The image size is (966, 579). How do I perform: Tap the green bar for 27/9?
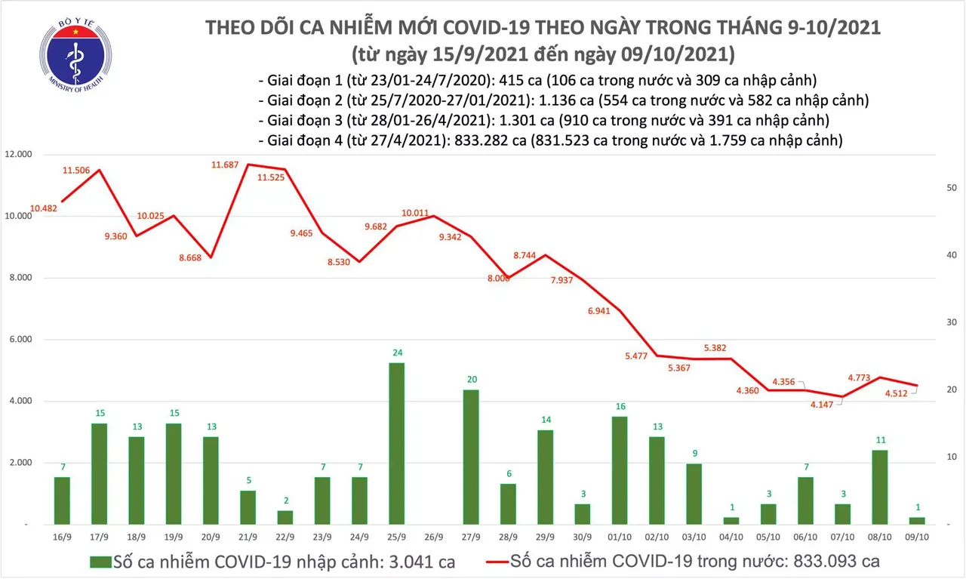pyautogui.click(x=470, y=456)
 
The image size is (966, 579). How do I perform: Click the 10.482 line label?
pyautogui.click(x=45, y=208)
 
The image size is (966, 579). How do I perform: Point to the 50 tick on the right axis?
pyautogui.click(x=952, y=188)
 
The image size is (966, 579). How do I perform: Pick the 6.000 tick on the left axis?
pyautogui.click(x=20, y=340)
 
